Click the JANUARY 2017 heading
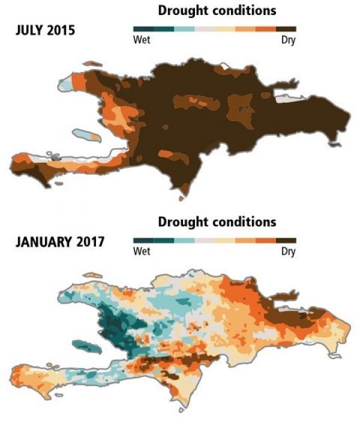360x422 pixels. click(58, 243)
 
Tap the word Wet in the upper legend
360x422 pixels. click(141, 41)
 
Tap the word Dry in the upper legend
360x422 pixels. click(289, 41)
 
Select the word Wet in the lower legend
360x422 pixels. click(141, 252)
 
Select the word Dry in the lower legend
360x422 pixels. click(289, 252)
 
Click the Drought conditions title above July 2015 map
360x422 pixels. click(217, 11)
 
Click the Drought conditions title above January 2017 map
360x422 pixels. click(217, 222)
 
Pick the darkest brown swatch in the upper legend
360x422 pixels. click(286, 28)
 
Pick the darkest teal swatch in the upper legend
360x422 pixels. click(143, 28)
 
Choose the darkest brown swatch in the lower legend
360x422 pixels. click(286, 240)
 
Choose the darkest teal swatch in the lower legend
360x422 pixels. click(143, 240)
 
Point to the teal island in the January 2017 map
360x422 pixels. click(85, 346)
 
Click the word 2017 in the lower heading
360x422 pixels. click(91, 243)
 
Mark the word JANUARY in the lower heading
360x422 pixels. click(41, 243)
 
